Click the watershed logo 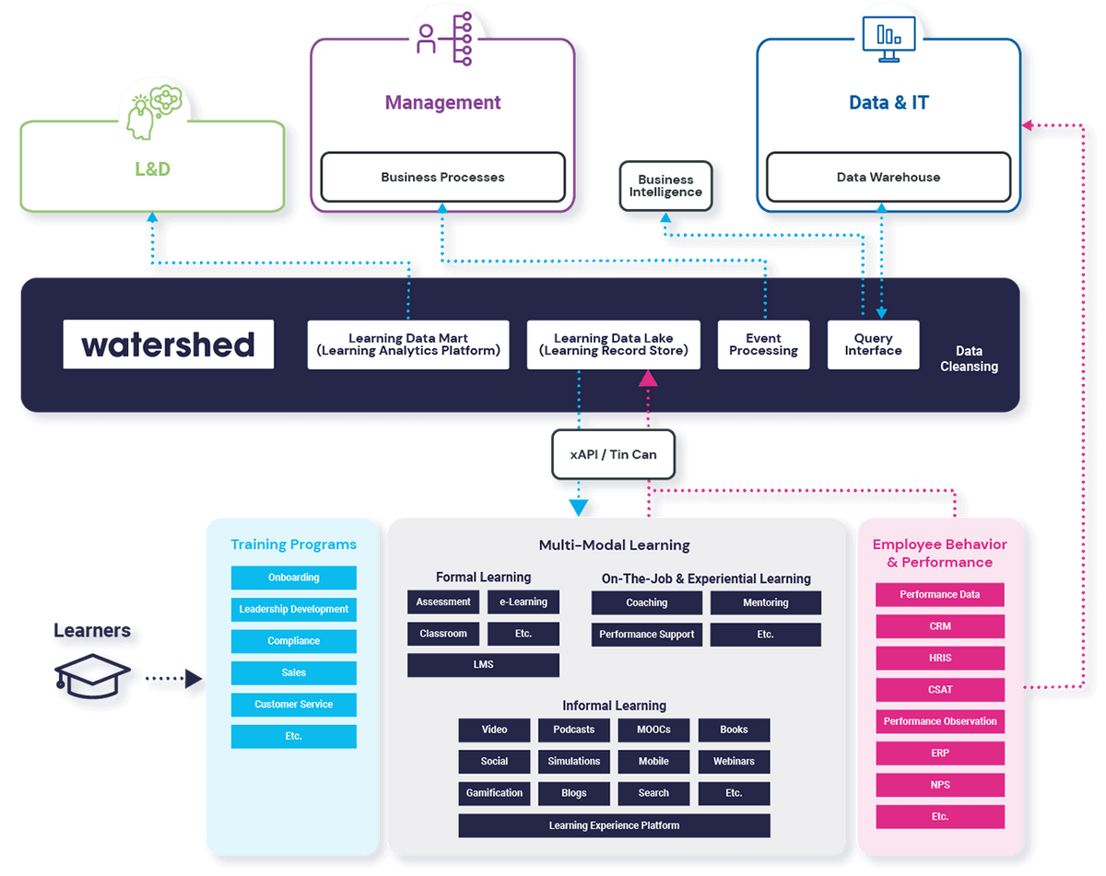[169, 345]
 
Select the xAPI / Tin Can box [613, 455]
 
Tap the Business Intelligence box [665, 186]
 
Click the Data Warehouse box [888, 177]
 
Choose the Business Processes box [442, 177]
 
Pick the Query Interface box [873, 345]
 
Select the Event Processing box [763, 345]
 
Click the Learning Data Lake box [613, 345]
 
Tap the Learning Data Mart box [407, 345]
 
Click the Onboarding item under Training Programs [293, 578]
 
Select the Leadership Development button [293, 609]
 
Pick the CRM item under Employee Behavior [939, 626]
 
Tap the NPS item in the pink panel [939, 785]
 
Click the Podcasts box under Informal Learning [573, 730]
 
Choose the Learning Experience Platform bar [614, 825]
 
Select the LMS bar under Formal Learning [483, 665]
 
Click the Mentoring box [765, 602]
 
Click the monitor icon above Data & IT [888, 38]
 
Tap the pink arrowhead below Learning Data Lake [648, 377]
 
